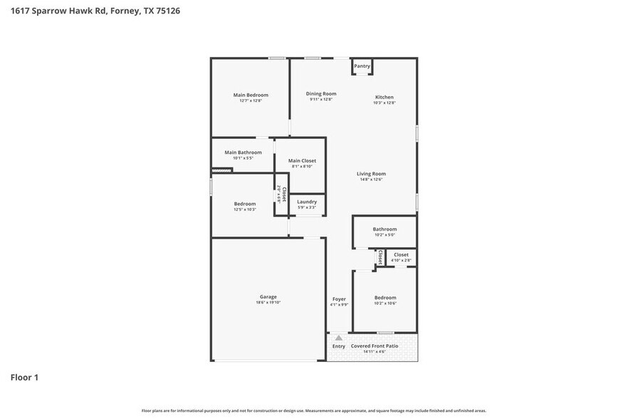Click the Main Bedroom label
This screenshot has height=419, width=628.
click(x=251, y=95)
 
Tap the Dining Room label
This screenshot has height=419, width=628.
click(x=321, y=93)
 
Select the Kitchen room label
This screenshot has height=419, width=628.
click(x=384, y=97)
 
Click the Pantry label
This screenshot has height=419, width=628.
click(x=362, y=66)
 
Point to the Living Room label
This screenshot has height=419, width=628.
click(x=371, y=174)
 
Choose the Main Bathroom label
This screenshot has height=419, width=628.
click(x=243, y=152)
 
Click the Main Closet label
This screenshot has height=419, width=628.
click(x=302, y=160)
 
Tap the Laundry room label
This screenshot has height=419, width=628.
click(x=307, y=202)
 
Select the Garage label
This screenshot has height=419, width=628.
click(x=268, y=296)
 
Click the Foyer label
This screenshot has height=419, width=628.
click(x=339, y=299)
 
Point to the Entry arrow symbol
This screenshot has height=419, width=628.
click(x=339, y=338)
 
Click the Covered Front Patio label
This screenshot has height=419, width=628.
click(x=375, y=346)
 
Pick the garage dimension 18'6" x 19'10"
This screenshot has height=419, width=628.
click(x=268, y=303)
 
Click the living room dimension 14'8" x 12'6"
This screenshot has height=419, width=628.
click(x=371, y=180)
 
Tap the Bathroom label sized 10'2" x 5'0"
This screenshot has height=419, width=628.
click(x=384, y=229)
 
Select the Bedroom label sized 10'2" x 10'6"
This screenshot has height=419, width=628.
click(x=384, y=297)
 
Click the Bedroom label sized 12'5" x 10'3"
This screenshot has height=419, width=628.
click(x=244, y=204)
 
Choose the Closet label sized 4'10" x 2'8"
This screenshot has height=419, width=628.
click(x=401, y=254)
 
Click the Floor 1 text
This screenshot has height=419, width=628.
click(x=24, y=377)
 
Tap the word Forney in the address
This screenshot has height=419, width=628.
click(x=125, y=11)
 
